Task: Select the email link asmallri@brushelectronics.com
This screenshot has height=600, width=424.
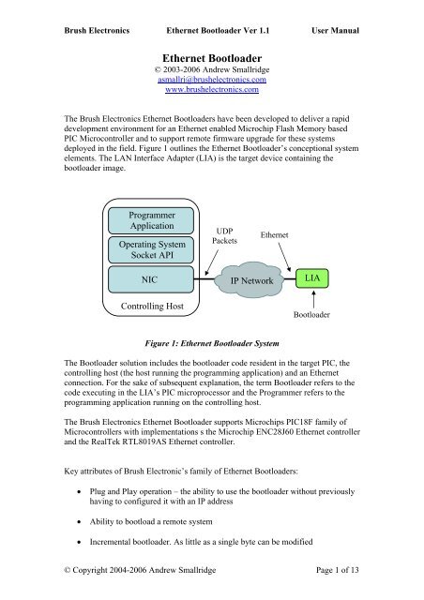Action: coord(212,82)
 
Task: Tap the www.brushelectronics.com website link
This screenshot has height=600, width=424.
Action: coord(212,93)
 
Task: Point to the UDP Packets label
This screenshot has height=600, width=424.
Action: coord(225,234)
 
